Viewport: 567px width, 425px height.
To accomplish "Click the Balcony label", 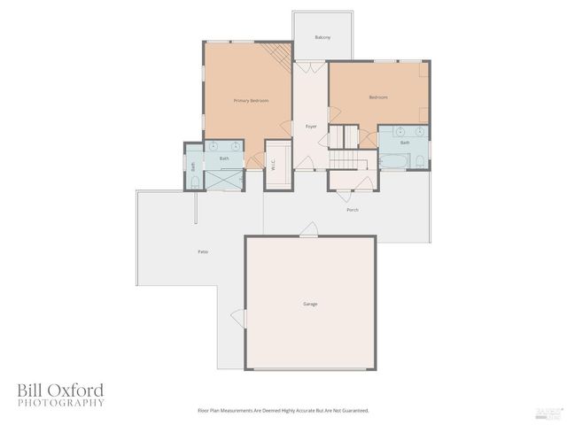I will click(322, 37).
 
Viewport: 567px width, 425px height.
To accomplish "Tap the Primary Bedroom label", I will click(251, 101).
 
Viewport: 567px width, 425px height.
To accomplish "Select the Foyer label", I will click(311, 127).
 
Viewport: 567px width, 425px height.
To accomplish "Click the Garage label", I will click(310, 304).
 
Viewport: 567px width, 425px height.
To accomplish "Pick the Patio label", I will click(203, 252).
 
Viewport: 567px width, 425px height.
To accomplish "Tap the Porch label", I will click(353, 210).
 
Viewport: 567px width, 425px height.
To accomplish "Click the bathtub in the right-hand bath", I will click(394, 162).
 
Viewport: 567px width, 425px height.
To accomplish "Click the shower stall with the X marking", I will click(223, 178).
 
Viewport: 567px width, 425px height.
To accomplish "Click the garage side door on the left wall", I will click(237, 317).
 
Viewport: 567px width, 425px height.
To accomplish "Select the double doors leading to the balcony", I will click(310, 66).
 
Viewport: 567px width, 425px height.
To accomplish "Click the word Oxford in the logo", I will click(75, 390).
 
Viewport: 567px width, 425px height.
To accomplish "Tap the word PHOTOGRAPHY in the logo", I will click(61, 403).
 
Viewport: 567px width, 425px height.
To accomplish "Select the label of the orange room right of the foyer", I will click(378, 97).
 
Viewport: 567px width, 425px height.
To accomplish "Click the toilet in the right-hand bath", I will click(421, 161).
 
